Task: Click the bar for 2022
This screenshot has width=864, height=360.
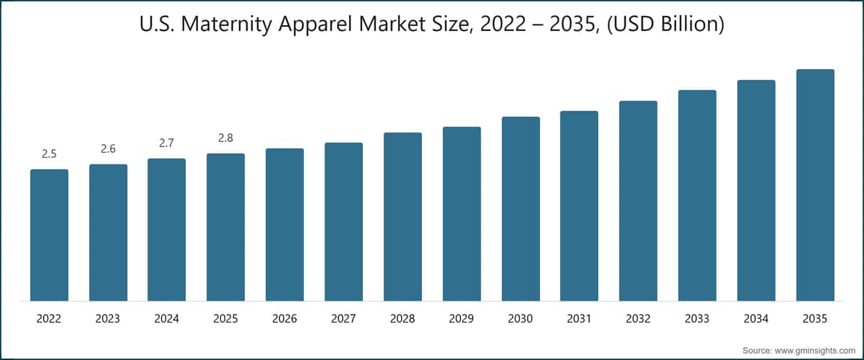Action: coord(49,235)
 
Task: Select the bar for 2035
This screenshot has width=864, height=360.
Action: coord(815,185)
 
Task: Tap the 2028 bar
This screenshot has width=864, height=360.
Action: coord(402,217)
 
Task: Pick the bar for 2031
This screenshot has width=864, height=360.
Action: coord(579,206)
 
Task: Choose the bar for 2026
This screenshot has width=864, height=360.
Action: coord(284,225)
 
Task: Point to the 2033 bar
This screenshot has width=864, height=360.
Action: coord(697,195)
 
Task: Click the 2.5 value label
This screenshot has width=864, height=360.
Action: coord(49,153)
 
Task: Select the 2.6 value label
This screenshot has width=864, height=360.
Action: coord(108,148)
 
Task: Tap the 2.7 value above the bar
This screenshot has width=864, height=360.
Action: coord(166,143)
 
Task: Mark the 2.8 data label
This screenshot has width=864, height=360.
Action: coord(225,138)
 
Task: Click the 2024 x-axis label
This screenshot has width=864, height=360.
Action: coord(166,318)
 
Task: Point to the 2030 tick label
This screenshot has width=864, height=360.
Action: coord(520,318)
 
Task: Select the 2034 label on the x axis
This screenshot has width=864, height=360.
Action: coord(756,318)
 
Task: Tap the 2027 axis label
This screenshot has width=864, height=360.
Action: coord(343,318)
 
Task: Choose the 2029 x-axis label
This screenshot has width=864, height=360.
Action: coord(462,318)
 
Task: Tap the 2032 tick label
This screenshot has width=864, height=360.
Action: coord(638,318)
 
